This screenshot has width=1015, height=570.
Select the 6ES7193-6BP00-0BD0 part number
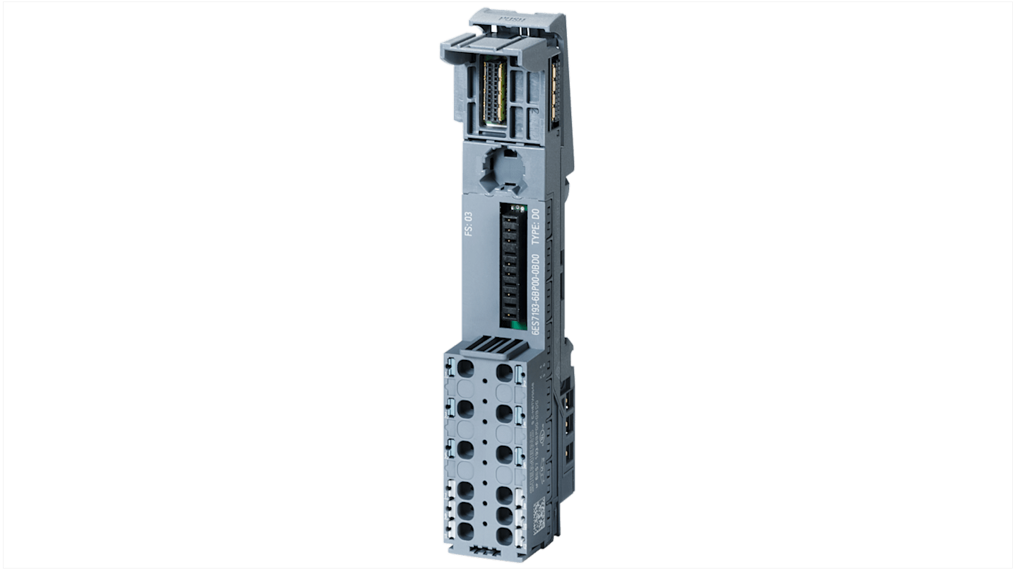click(x=535, y=294)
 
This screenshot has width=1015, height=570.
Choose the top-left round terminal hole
click(x=466, y=370)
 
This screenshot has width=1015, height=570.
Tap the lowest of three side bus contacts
click(x=569, y=452)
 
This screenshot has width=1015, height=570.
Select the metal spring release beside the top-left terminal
click(x=451, y=369)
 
